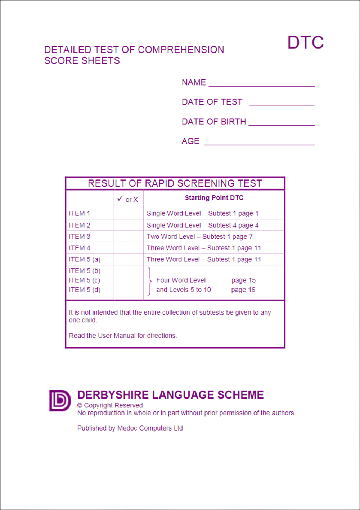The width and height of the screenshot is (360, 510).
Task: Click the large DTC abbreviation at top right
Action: click(x=305, y=42)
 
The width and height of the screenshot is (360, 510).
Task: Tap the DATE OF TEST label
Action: click(x=212, y=102)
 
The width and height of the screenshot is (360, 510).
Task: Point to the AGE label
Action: click(x=190, y=141)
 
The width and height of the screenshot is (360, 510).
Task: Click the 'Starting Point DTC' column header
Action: click(x=214, y=198)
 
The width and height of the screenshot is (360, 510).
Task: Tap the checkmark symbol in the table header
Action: click(x=120, y=198)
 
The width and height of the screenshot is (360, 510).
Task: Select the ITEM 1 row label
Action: click(x=80, y=213)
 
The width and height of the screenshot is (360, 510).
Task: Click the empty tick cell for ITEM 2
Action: click(x=128, y=225)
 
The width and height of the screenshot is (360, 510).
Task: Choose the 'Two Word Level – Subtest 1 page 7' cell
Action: click(x=199, y=237)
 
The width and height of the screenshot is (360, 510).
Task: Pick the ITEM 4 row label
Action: click(x=80, y=248)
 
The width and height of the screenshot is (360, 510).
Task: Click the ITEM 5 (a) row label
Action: click(x=85, y=259)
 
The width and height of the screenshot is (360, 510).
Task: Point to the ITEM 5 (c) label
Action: click(x=85, y=280)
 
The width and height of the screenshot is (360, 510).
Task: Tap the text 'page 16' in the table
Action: click(x=243, y=290)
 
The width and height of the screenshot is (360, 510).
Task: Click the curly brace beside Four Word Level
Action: click(x=149, y=281)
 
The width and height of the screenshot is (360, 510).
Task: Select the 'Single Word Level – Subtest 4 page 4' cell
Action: click(x=202, y=225)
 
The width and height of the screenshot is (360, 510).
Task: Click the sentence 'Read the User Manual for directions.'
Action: click(x=123, y=336)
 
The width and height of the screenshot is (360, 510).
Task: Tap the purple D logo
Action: click(x=60, y=400)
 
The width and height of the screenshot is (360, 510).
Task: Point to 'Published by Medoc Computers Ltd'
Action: click(x=130, y=428)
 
